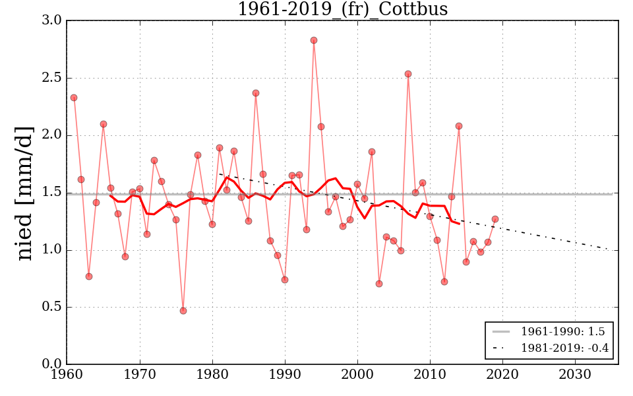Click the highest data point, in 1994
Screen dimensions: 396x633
314,40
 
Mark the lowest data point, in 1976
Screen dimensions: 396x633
183,310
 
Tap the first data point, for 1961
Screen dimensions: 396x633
74,98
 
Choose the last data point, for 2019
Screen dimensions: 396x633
495,219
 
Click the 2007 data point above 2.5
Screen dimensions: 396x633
408,74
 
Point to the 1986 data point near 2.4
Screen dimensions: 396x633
256,93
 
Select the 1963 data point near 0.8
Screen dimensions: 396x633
89,277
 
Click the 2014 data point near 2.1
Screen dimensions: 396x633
459,126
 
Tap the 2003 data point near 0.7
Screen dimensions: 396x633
379,284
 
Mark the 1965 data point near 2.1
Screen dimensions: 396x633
104,124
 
